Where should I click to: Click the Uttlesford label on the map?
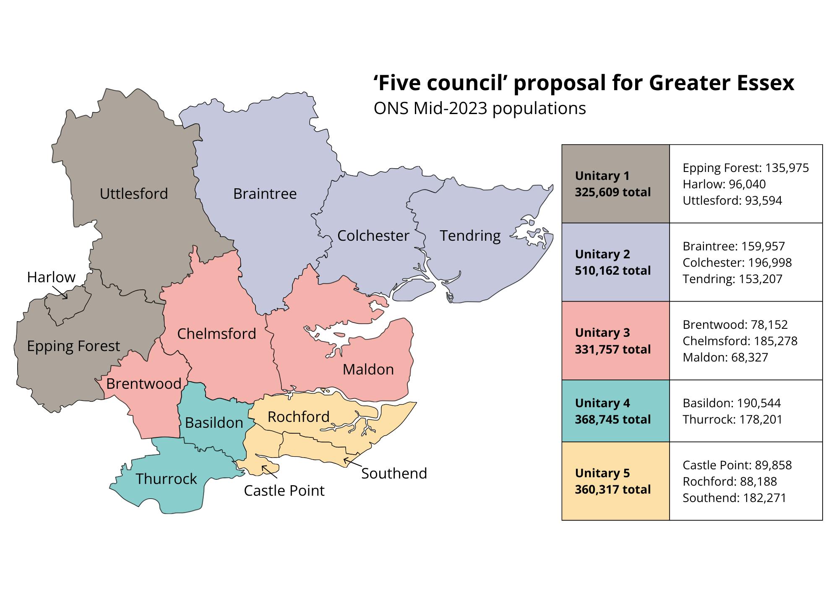pos(133,194)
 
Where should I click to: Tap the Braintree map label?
pos(265,194)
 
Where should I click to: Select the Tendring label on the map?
pos(470,236)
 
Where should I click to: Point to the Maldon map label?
pos(368,369)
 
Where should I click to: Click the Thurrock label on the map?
pos(166,479)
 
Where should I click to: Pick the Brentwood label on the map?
pos(143,384)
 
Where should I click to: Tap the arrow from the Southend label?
pos(351,463)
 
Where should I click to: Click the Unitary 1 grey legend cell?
pos(615,184)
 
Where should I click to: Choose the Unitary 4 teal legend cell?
pos(615,411)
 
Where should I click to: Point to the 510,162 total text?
pos(612,270)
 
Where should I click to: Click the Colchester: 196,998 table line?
pos(737,263)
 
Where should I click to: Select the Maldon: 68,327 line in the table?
pos(725,357)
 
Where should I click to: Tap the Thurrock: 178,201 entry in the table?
pos(732,419)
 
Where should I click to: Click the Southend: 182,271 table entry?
pos(734,498)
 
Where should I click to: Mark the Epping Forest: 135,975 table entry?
pos(745,168)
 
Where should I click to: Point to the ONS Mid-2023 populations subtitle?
pos(479,109)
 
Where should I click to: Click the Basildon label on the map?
pos(214,423)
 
